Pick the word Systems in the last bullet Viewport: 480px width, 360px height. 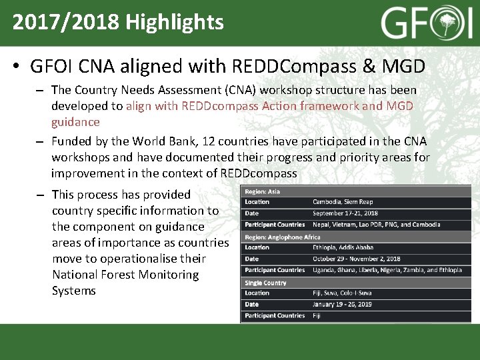(x=73, y=291)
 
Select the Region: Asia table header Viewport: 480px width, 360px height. (x=262, y=191)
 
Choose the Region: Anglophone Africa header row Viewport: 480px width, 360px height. (x=282, y=237)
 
